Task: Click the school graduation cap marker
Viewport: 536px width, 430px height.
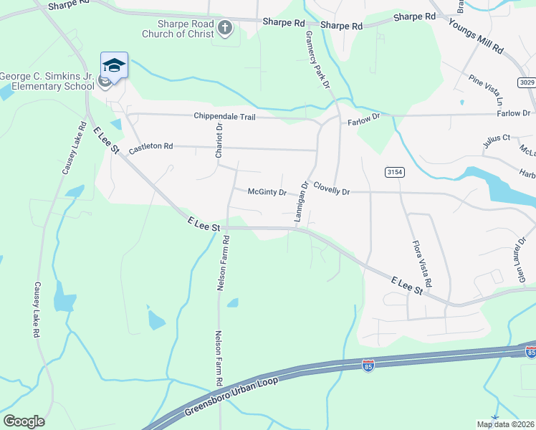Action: (x=114, y=65)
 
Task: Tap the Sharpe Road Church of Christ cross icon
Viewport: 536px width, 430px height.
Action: (x=225, y=29)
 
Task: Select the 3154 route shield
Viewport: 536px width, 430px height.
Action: (x=394, y=172)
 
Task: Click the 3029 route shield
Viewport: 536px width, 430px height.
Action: (x=527, y=82)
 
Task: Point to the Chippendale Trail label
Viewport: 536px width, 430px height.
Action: (x=224, y=116)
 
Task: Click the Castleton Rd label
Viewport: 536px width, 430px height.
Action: (x=150, y=148)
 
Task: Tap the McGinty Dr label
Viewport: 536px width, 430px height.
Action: (x=267, y=192)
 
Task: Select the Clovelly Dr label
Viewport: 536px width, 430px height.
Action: (x=330, y=192)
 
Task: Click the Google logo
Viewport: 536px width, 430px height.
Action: (x=24, y=421)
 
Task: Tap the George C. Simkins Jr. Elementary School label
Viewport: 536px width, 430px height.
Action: (x=47, y=81)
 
